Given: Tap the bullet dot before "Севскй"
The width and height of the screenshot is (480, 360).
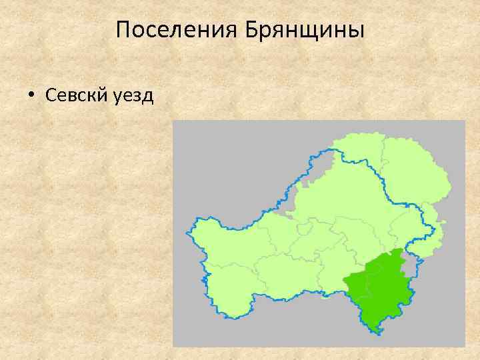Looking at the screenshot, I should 31,95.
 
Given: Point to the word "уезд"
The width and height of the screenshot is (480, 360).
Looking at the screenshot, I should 133,95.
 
